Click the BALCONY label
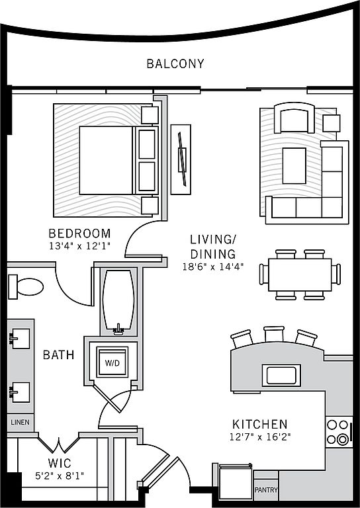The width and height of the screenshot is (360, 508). [175, 63]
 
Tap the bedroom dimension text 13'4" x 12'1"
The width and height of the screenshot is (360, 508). [79, 246]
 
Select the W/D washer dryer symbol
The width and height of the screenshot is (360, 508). [112, 362]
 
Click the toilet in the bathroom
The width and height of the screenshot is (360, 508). [26, 286]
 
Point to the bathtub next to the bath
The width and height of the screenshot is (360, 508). [118, 302]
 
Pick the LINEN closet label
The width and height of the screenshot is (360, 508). [20, 423]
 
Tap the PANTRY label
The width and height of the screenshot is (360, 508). [266, 489]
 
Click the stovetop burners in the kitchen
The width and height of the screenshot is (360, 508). [339, 432]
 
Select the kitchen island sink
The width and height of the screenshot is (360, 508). [281, 375]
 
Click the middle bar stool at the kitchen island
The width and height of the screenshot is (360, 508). [274, 334]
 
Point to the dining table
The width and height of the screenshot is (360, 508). [300, 275]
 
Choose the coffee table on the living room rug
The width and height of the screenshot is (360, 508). [294, 166]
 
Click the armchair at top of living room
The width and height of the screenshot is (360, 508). [294, 118]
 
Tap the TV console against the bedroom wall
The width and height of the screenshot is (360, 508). [181, 159]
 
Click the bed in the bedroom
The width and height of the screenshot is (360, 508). [118, 160]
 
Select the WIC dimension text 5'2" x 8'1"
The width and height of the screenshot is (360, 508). [60, 476]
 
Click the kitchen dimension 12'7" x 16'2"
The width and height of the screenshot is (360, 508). [260, 437]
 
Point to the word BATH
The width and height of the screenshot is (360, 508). [59, 355]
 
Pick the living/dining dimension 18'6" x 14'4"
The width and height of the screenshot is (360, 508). [213, 267]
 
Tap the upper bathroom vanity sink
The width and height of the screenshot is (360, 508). [20, 339]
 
